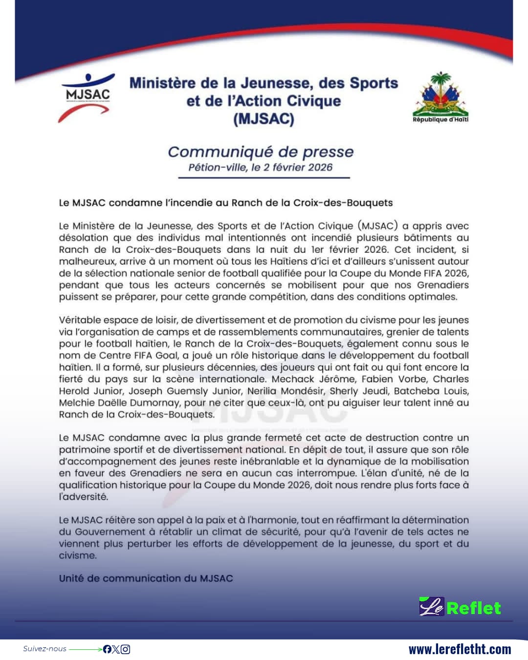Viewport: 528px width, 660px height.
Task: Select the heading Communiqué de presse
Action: (x=261, y=152)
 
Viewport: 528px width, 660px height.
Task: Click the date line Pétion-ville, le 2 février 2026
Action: (x=261, y=167)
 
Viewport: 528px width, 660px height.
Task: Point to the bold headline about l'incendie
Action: (x=225, y=202)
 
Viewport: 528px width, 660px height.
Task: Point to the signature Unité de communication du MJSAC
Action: (x=146, y=578)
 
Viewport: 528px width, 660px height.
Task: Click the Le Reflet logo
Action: (x=460, y=607)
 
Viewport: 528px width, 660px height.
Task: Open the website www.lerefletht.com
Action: (x=460, y=649)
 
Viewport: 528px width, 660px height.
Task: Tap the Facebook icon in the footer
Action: (x=107, y=649)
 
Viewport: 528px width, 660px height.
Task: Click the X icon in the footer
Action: (x=116, y=649)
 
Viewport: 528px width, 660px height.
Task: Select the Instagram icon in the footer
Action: (x=125, y=649)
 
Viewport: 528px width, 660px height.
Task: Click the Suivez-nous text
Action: (x=44, y=649)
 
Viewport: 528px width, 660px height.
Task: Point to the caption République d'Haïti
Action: (x=440, y=119)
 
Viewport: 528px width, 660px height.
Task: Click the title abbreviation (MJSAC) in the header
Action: (x=264, y=119)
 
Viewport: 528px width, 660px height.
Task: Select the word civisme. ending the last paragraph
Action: (x=78, y=555)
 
